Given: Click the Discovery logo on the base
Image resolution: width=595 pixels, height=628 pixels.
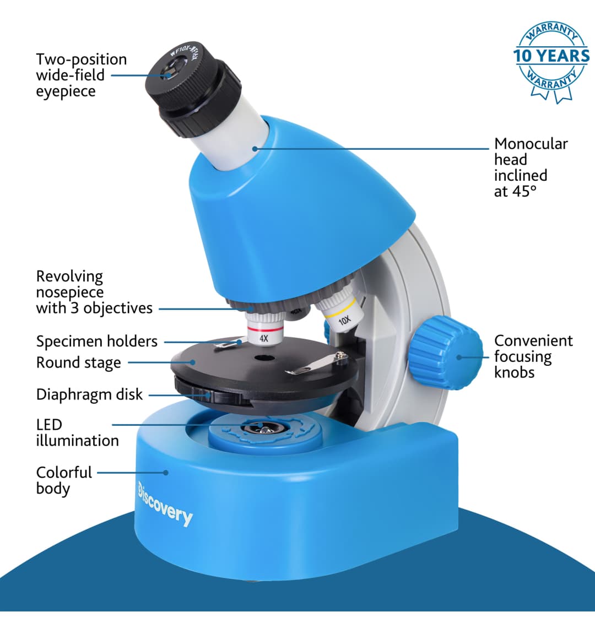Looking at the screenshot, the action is point(165,504).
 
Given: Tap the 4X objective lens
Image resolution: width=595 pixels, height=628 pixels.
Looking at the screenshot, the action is point(264,328).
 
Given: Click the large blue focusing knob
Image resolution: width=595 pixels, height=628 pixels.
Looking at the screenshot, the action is point(446,353).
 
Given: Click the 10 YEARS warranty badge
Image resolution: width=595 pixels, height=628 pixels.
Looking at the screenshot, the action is point(551,61).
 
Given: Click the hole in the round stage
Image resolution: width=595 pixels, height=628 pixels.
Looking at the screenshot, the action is point(262,358).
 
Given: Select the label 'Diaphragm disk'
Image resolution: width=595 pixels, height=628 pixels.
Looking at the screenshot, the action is point(89,394).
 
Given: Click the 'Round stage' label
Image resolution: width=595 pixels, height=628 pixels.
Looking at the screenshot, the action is point(79,363).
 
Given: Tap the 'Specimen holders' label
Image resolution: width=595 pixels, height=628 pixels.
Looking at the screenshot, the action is point(97,341).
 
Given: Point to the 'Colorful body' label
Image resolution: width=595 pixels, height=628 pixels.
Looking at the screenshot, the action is point(64,480).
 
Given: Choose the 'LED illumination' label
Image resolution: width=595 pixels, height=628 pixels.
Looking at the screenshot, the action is point(77,432).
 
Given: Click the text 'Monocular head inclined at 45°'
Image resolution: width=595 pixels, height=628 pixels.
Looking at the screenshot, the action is point(531,167).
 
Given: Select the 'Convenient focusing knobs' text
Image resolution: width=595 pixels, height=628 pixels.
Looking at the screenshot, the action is point(533,356).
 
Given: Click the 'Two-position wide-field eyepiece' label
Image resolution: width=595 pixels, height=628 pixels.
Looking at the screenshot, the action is point(82,75).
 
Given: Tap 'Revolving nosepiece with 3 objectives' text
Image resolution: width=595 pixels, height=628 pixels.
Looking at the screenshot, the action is point(94,293).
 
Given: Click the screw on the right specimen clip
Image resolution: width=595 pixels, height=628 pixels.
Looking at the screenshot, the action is point(340,355).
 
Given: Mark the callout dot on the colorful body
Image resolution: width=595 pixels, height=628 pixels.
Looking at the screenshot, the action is point(166,473).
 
